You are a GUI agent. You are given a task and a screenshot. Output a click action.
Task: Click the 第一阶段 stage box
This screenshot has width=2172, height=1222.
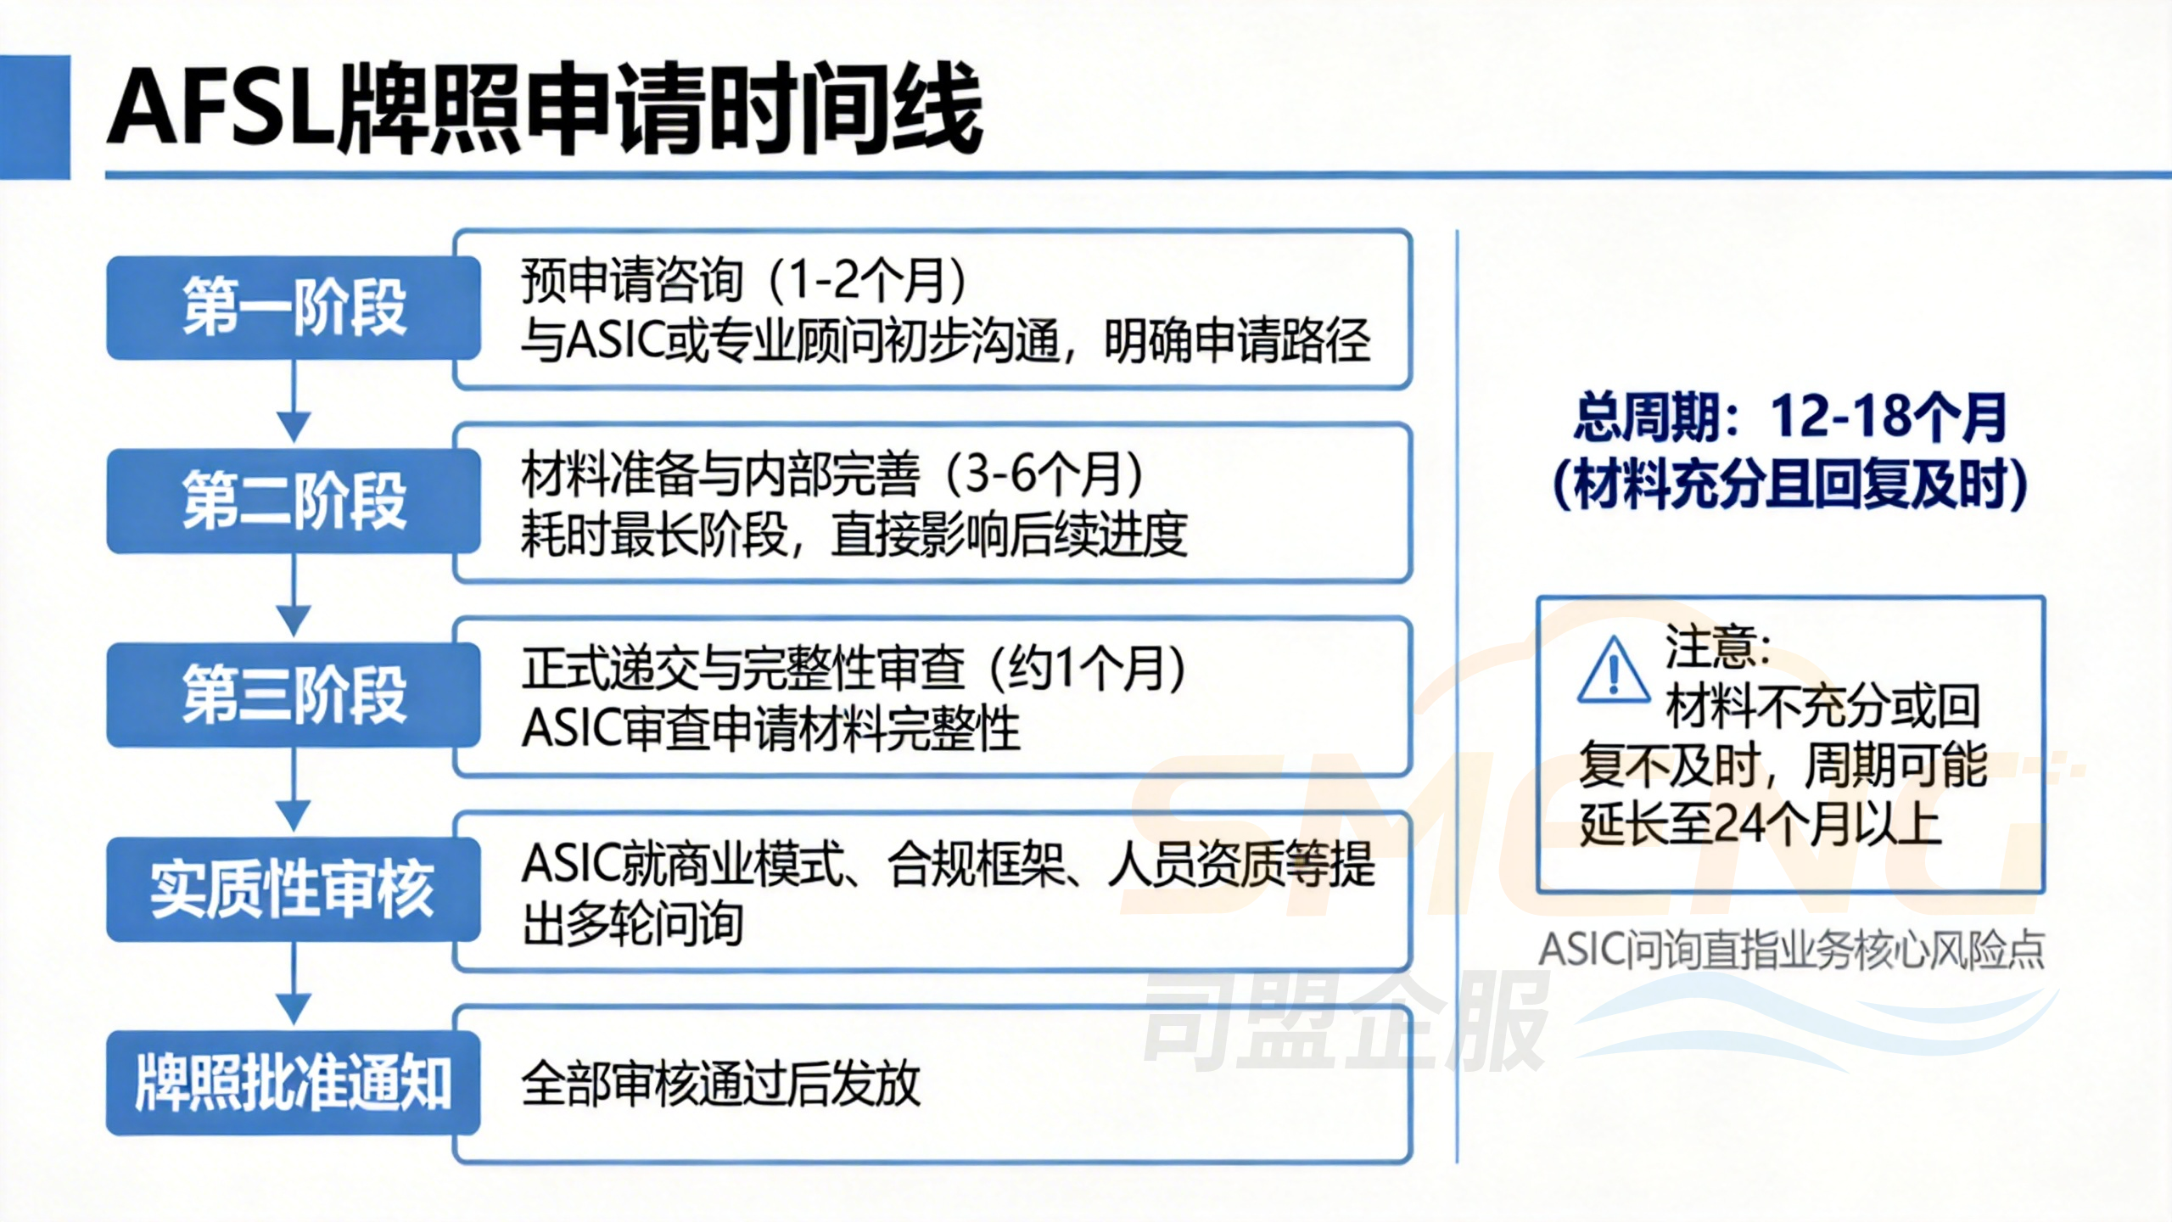point(294,307)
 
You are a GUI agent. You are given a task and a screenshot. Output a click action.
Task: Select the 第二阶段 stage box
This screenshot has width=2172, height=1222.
point(294,501)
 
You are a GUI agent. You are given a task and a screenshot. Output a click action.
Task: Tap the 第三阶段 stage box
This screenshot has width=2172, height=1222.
point(294,695)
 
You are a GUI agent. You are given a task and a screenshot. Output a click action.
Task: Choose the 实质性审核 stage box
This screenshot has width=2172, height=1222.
point(294,888)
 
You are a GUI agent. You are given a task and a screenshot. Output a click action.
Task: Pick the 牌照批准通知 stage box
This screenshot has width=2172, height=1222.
point(294,1083)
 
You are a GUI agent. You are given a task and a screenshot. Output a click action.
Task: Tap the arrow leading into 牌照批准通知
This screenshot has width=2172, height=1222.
point(294,985)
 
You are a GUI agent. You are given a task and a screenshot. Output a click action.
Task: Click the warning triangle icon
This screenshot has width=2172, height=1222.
point(1614,673)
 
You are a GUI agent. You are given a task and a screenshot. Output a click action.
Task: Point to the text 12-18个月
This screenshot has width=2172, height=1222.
point(1888,418)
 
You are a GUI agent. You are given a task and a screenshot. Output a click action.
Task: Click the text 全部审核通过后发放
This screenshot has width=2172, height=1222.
point(720,1084)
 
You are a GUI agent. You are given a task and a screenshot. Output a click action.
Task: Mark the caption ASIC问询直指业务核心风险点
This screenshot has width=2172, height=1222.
point(1791,950)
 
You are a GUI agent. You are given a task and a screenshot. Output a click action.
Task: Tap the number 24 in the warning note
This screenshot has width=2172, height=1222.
point(1740,823)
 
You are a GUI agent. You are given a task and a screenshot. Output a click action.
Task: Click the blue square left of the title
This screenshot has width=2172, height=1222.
point(35,117)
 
